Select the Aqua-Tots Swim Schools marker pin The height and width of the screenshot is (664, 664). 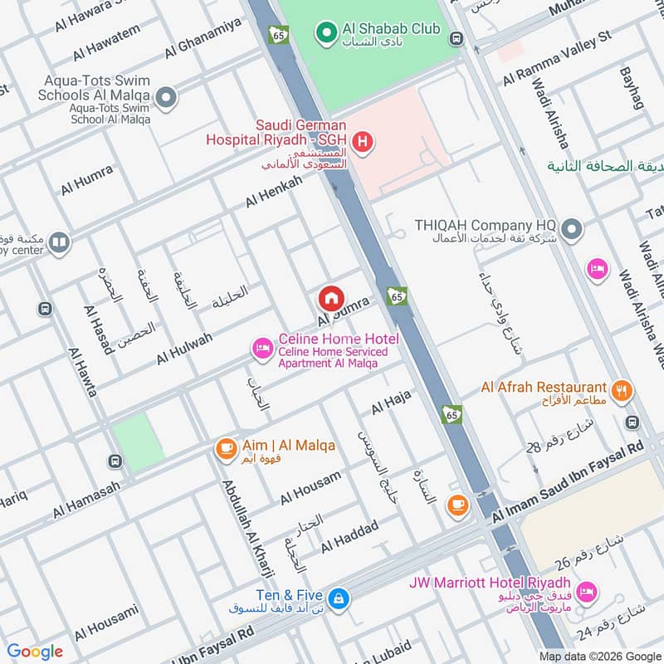(x=166, y=100)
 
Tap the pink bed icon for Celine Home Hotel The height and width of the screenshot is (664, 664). (x=263, y=349)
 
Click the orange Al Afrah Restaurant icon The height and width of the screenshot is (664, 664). (x=620, y=389)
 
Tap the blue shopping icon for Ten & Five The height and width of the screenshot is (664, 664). (x=338, y=598)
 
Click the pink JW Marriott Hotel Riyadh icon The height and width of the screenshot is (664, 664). (x=586, y=592)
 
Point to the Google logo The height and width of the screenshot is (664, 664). (x=35, y=652)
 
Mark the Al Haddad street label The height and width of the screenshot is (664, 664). (x=349, y=536)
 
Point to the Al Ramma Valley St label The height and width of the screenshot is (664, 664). (x=556, y=60)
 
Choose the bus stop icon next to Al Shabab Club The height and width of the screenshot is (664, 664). (x=456, y=38)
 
